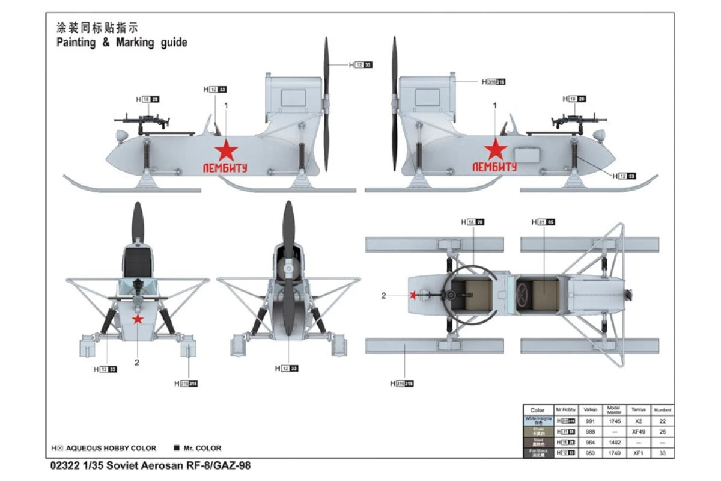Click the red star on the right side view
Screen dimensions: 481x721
495,149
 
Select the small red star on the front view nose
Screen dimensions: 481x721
138,319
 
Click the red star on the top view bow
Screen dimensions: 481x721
413,295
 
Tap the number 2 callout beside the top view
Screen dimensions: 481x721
384,295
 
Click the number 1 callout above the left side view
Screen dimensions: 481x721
227,105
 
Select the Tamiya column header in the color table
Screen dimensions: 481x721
636,410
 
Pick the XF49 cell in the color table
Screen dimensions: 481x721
636,432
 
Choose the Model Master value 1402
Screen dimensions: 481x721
614,442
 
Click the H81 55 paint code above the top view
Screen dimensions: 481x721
543,222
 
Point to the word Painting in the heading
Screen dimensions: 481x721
76,43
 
